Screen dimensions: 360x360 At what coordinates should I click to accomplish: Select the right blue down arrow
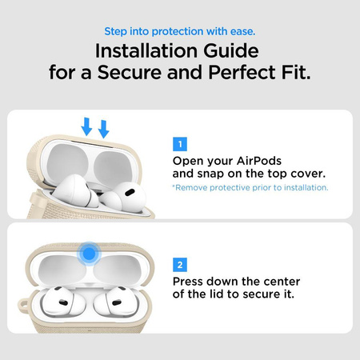click(103, 128)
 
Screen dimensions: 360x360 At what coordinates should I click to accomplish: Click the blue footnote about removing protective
click(250, 188)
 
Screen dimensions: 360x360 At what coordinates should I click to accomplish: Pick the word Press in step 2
click(191, 281)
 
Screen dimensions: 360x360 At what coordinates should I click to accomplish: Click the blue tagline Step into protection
click(179, 32)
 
